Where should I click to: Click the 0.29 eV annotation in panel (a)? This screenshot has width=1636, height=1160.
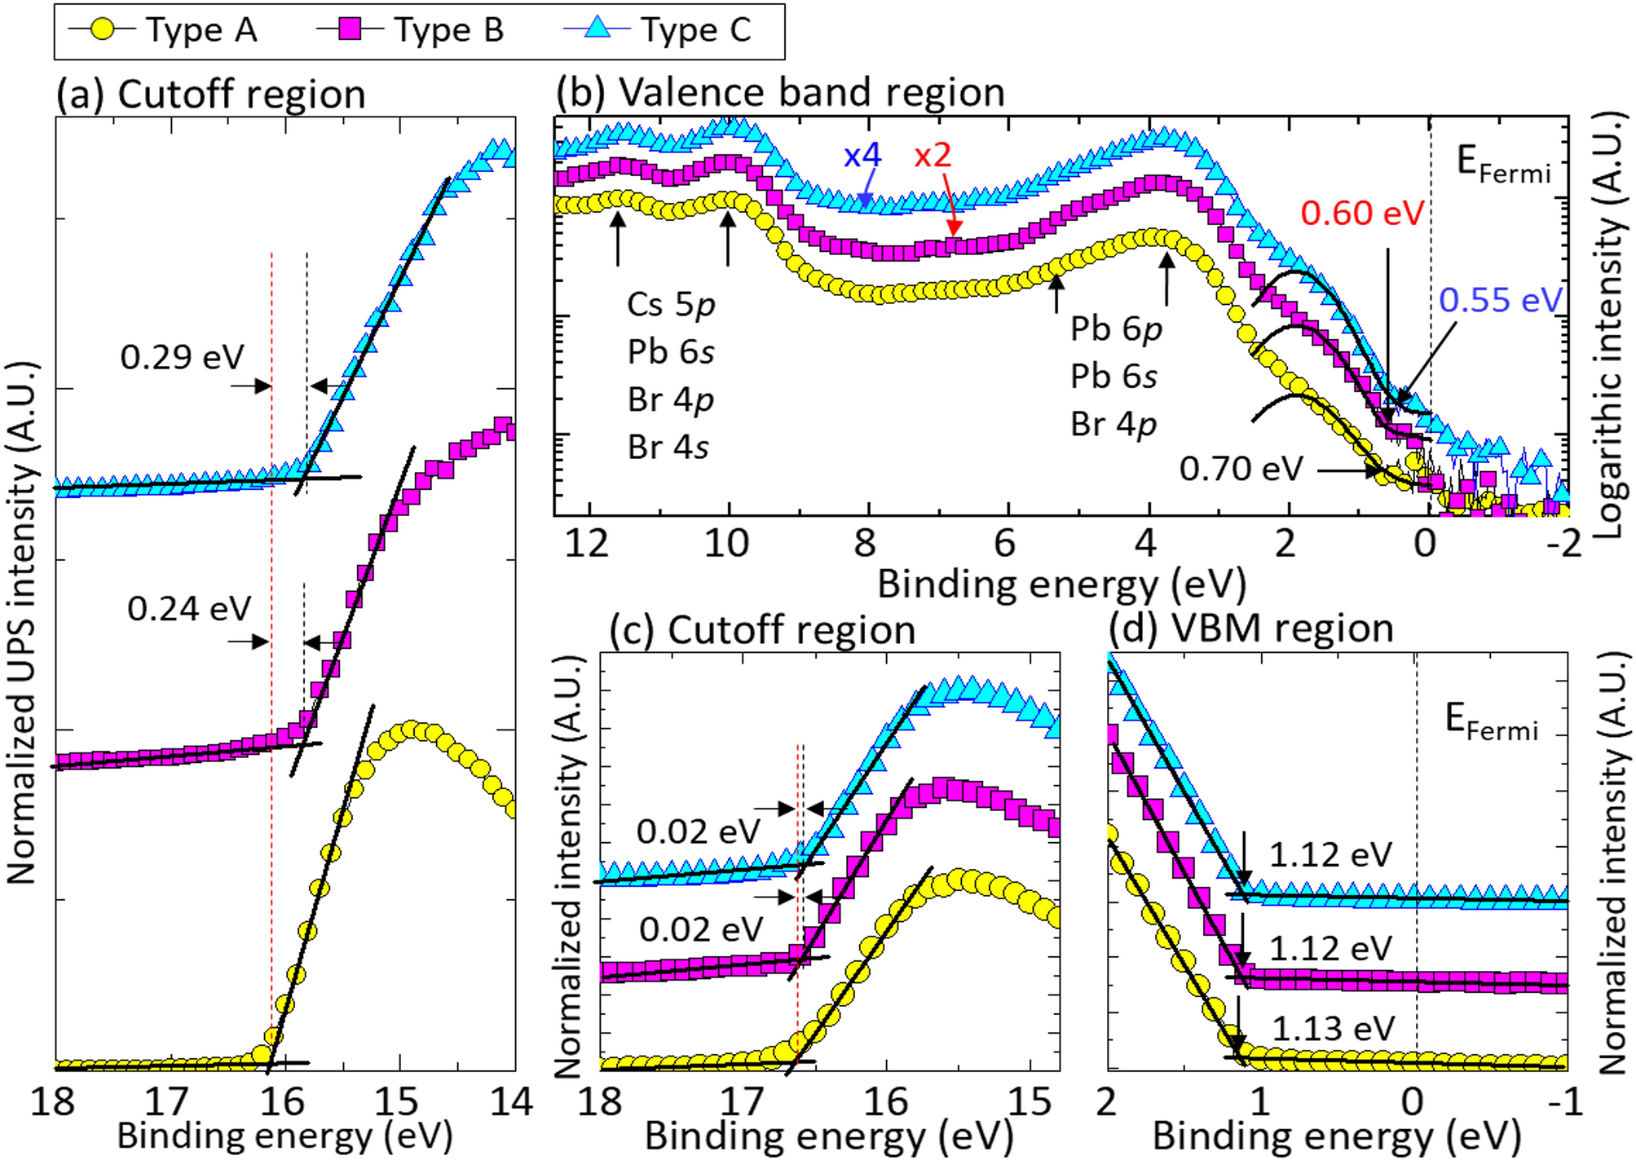(182, 357)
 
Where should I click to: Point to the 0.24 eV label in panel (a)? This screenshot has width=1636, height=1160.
(188, 609)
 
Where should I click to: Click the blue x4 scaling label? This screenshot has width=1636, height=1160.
(862, 155)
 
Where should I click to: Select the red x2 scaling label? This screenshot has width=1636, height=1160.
(932, 155)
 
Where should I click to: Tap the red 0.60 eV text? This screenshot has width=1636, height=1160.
(1361, 214)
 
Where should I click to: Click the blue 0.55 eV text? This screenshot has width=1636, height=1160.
(1499, 301)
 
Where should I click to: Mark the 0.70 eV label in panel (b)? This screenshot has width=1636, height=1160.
(1241, 470)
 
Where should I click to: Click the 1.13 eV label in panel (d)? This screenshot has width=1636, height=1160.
(1333, 1029)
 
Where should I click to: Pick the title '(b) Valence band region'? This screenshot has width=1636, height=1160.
(780, 92)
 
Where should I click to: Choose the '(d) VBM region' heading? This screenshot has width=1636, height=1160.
(1250, 629)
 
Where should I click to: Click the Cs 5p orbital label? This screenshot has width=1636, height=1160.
(671, 305)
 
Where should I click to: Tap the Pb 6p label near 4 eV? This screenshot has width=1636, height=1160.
(1115, 329)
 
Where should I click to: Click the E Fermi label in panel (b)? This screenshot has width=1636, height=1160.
(1502, 165)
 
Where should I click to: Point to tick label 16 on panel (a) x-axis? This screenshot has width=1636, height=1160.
(282, 1102)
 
